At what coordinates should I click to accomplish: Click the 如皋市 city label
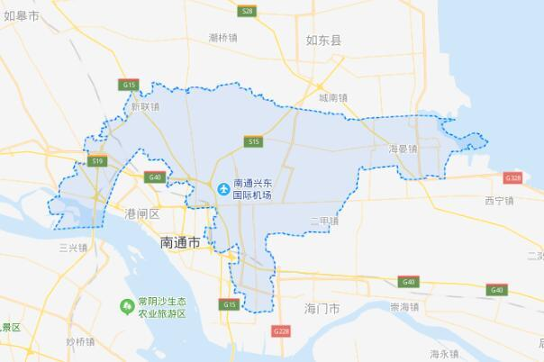click(x=20, y=15)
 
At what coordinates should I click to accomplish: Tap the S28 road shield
click(x=248, y=11)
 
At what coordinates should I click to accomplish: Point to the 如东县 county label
click(x=323, y=40)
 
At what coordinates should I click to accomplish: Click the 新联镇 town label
click(x=144, y=106)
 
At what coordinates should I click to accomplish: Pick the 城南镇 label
click(x=333, y=96)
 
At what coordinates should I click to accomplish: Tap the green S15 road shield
click(x=253, y=141)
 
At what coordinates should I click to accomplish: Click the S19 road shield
click(x=98, y=160)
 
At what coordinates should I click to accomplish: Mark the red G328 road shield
click(x=513, y=178)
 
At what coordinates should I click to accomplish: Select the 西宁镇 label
click(x=498, y=200)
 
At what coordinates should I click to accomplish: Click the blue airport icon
click(x=222, y=187)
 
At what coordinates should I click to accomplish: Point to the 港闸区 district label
click(x=142, y=213)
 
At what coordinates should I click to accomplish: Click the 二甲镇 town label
click(x=323, y=221)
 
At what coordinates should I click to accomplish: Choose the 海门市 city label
click(x=322, y=308)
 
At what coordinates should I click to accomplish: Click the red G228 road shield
click(x=282, y=331)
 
